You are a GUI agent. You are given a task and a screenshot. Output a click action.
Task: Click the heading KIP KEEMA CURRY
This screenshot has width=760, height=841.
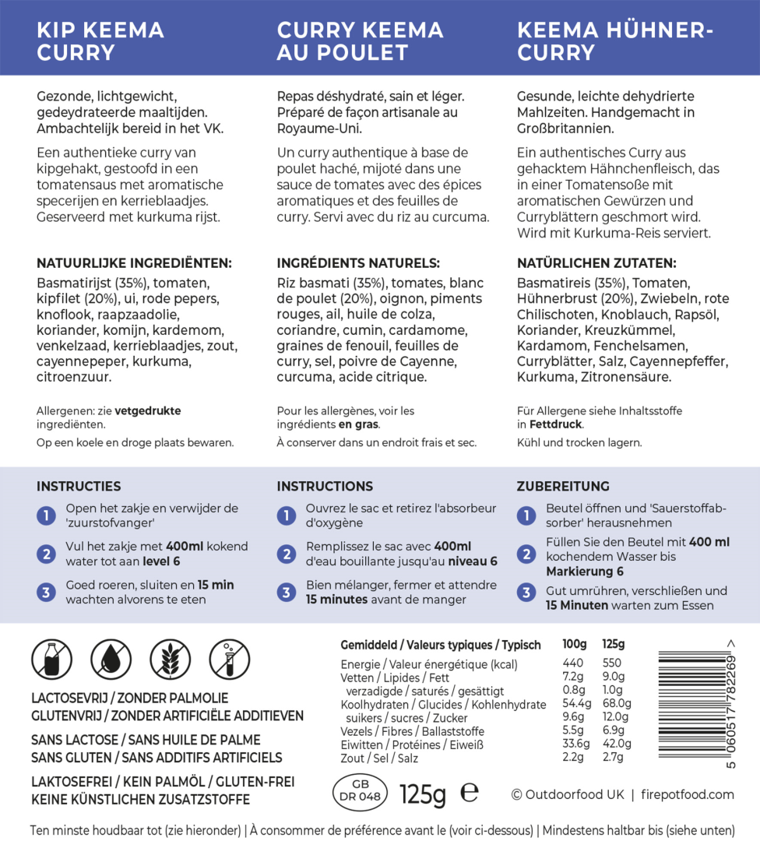pos(100,41)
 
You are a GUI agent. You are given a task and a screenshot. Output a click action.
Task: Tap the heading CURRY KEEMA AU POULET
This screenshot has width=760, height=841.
pos(360,41)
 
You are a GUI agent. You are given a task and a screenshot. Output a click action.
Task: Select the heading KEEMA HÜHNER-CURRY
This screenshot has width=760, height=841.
pos(615,41)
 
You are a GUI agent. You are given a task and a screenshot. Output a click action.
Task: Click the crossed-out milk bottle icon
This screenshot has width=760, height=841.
pos(51,659)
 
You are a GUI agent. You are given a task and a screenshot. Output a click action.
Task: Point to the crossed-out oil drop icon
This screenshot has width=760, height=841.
pos(111,659)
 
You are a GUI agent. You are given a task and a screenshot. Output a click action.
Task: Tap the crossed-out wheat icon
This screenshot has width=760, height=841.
pos(170,659)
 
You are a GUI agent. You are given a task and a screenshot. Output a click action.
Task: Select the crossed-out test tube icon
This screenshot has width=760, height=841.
pos(229,659)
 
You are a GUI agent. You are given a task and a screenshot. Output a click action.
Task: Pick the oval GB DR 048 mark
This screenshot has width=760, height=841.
pos(360,790)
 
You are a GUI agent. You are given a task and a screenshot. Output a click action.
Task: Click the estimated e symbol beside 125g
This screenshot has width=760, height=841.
pos(470,792)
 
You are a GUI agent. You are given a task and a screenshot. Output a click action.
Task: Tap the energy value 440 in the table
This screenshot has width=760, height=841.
pos(572,664)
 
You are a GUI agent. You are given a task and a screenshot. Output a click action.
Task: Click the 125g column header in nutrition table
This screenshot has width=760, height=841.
pos(613,645)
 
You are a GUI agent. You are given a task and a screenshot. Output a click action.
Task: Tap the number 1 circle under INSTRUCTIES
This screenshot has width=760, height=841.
pos(46,516)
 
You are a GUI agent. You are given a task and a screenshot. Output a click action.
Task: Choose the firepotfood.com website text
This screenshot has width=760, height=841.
pos(688,794)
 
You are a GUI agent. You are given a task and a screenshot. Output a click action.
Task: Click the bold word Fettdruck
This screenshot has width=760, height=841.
pos(555,424)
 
